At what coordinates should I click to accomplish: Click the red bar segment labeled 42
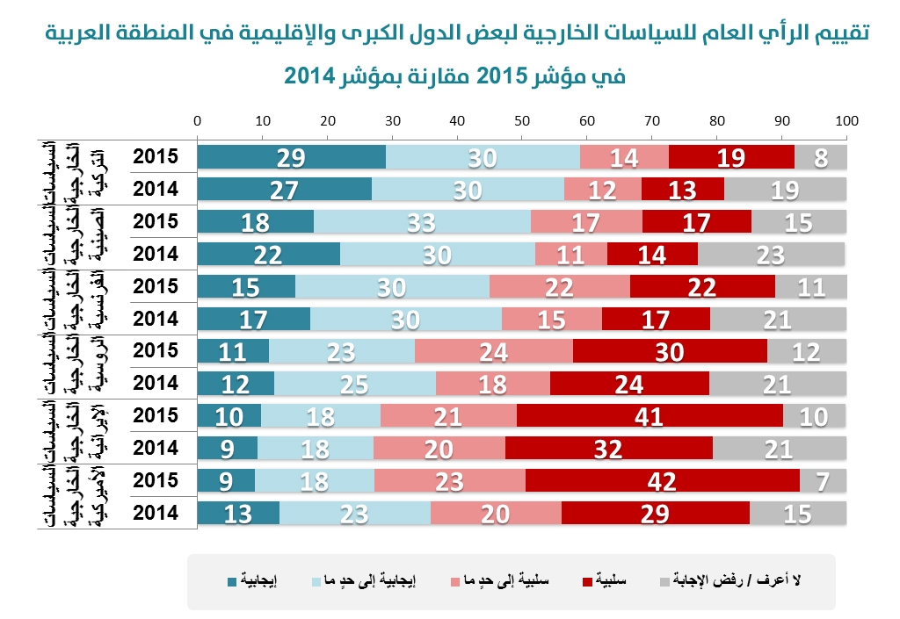point(663,480)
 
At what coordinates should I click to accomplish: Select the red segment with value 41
point(650,415)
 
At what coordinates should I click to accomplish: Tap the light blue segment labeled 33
point(422,221)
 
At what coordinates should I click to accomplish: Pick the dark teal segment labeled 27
point(285,189)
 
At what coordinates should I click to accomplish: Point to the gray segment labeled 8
point(820,156)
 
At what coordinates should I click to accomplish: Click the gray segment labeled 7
point(824,480)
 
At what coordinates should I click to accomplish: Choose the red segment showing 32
point(608,448)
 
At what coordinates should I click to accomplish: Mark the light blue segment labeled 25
point(354,384)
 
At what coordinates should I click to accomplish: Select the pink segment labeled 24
point(493,351)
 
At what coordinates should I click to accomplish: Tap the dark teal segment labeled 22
point(268,254)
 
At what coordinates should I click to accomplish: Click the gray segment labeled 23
point(771,254)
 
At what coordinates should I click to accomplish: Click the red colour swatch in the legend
point(587,581)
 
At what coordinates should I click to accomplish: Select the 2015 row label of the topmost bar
point(156,156)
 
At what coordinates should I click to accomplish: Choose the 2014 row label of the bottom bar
point(156,513)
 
